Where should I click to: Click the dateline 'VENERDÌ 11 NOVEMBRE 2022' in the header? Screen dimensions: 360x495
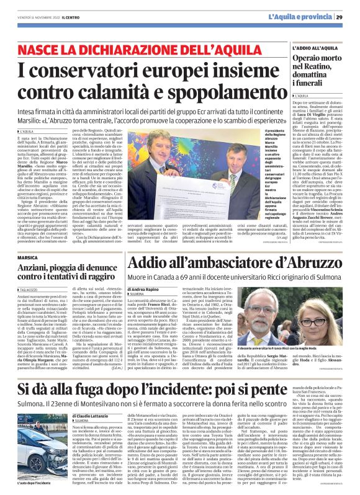[37, 17]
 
